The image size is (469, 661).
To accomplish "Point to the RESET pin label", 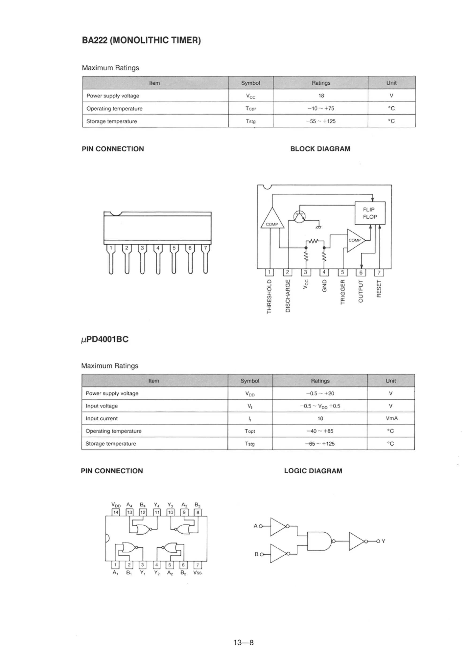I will [379, 288].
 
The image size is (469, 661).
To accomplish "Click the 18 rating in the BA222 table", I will [321, 96].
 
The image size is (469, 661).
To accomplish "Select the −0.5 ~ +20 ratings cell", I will [320, 393].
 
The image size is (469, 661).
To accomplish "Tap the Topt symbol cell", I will [250, 431].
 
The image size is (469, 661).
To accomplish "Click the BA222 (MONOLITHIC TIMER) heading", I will [141, 40].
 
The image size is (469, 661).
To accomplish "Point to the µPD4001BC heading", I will [105, 339].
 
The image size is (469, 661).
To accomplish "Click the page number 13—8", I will [243, 642].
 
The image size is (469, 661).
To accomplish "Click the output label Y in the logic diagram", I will [383, 541].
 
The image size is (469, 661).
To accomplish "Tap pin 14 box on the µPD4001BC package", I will [116, 512].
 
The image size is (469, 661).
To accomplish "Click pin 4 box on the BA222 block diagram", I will [324, 272].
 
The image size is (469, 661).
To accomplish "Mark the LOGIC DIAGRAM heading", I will [313, 471].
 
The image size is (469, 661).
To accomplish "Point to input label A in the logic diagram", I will [255, 526].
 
